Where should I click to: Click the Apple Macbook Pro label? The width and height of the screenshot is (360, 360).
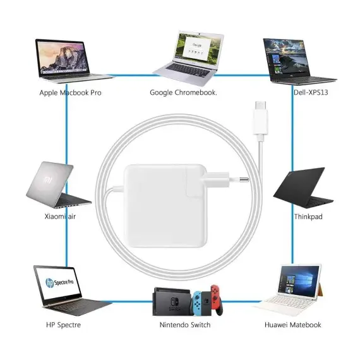(70, 93)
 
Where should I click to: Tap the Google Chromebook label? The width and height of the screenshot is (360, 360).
(183, 92)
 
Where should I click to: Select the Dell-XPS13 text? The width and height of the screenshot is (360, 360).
(311, 92)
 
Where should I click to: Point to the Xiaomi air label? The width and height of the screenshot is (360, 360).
(60, 217)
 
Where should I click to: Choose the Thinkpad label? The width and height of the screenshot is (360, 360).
(308, 217)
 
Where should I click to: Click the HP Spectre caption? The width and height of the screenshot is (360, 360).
(63, 325)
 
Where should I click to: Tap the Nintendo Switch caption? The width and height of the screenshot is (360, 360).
(185, 325)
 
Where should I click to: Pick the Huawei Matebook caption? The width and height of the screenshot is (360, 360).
(292, 325)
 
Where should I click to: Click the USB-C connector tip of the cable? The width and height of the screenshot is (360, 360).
(261, 105)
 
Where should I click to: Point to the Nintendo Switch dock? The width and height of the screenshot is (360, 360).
(172, 301)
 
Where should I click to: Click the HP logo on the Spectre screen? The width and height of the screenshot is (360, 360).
(50, 282)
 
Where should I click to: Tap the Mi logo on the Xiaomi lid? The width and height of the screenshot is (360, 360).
(48, 180)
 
